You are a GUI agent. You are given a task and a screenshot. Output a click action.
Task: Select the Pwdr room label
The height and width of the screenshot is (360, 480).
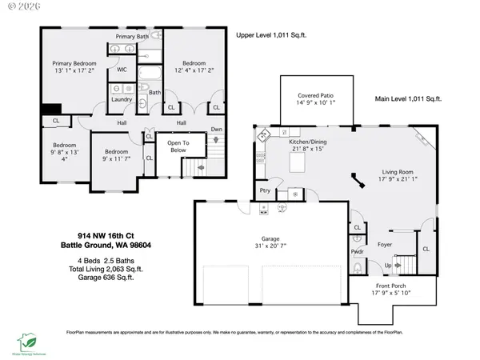point(358,251)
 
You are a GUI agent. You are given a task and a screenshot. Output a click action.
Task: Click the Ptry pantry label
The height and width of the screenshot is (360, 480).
point(265,190)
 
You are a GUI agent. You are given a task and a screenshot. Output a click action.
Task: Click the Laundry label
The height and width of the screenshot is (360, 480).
point(122,99)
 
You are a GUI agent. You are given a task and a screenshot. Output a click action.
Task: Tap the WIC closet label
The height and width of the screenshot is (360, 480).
point(122,70)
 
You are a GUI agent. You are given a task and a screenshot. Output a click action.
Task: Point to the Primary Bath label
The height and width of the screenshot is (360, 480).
point(131,37)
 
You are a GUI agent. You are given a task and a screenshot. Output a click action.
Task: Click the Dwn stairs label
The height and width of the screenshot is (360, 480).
point(216,129)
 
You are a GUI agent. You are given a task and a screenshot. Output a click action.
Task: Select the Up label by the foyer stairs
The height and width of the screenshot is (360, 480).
point(390,264)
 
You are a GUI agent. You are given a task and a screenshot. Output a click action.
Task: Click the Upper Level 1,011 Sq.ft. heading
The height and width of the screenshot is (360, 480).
point(272,36)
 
